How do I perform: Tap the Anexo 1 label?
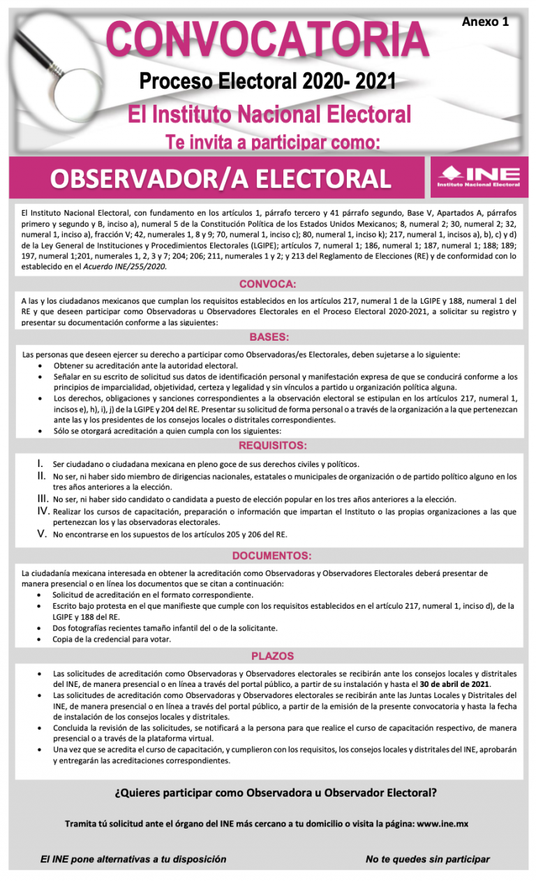[x=485, y=22]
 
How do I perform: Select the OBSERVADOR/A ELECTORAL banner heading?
[x=220, y=179]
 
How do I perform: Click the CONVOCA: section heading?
[x=268, y=284]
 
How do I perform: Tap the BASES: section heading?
[x=269, y=337]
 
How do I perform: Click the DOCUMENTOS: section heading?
[x=272, y=556]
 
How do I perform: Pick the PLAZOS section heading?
[x=272, y=656]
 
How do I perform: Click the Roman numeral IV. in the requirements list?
[x=41, y=511]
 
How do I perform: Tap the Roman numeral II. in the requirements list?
[x=41, y=476]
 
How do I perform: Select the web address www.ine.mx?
[x=442, y=824]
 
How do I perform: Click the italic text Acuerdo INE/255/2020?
[x=128, y=266]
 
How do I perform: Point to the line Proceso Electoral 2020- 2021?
[x=268, y=82]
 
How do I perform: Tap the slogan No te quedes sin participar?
[x=427, y=859]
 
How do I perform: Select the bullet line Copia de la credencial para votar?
[x=112, y=639]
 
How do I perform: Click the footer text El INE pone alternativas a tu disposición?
[x=133, y=859]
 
